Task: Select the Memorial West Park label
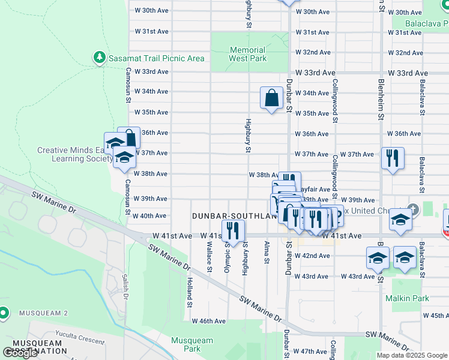coord(248,54)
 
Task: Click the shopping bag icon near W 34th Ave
coord(271,98)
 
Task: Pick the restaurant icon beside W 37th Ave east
coord(393,158)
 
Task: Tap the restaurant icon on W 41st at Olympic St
coord(233,231)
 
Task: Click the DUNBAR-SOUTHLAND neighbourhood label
coord(235,215)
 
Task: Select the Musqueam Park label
coord(191,344)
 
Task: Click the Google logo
coord(20,353)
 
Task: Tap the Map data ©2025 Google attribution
coord(412,355)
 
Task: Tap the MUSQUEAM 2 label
coord(43,313)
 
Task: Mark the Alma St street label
coord(266,253)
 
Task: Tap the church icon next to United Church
coord(412,210)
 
